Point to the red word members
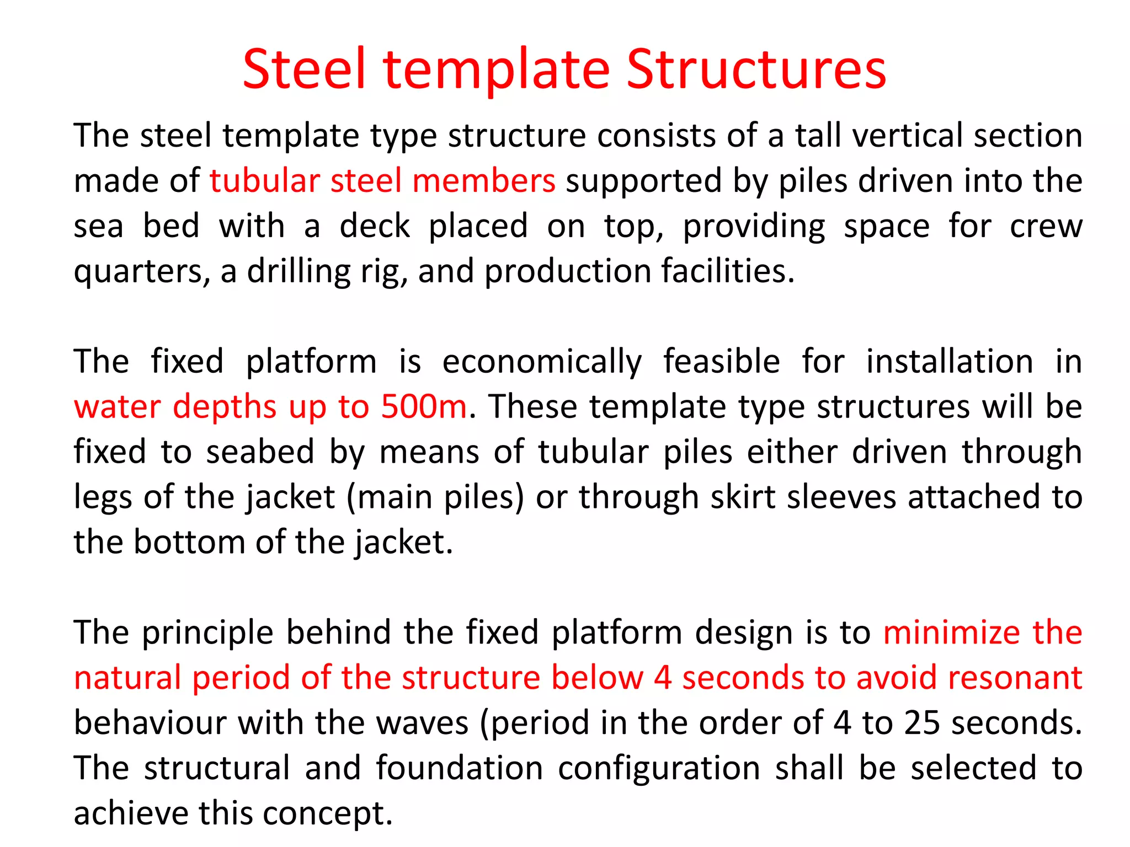483,181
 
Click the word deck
375,226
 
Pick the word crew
1046,226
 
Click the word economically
542,362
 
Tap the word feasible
721,362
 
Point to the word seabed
260,452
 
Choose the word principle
207,633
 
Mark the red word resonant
1015,678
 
